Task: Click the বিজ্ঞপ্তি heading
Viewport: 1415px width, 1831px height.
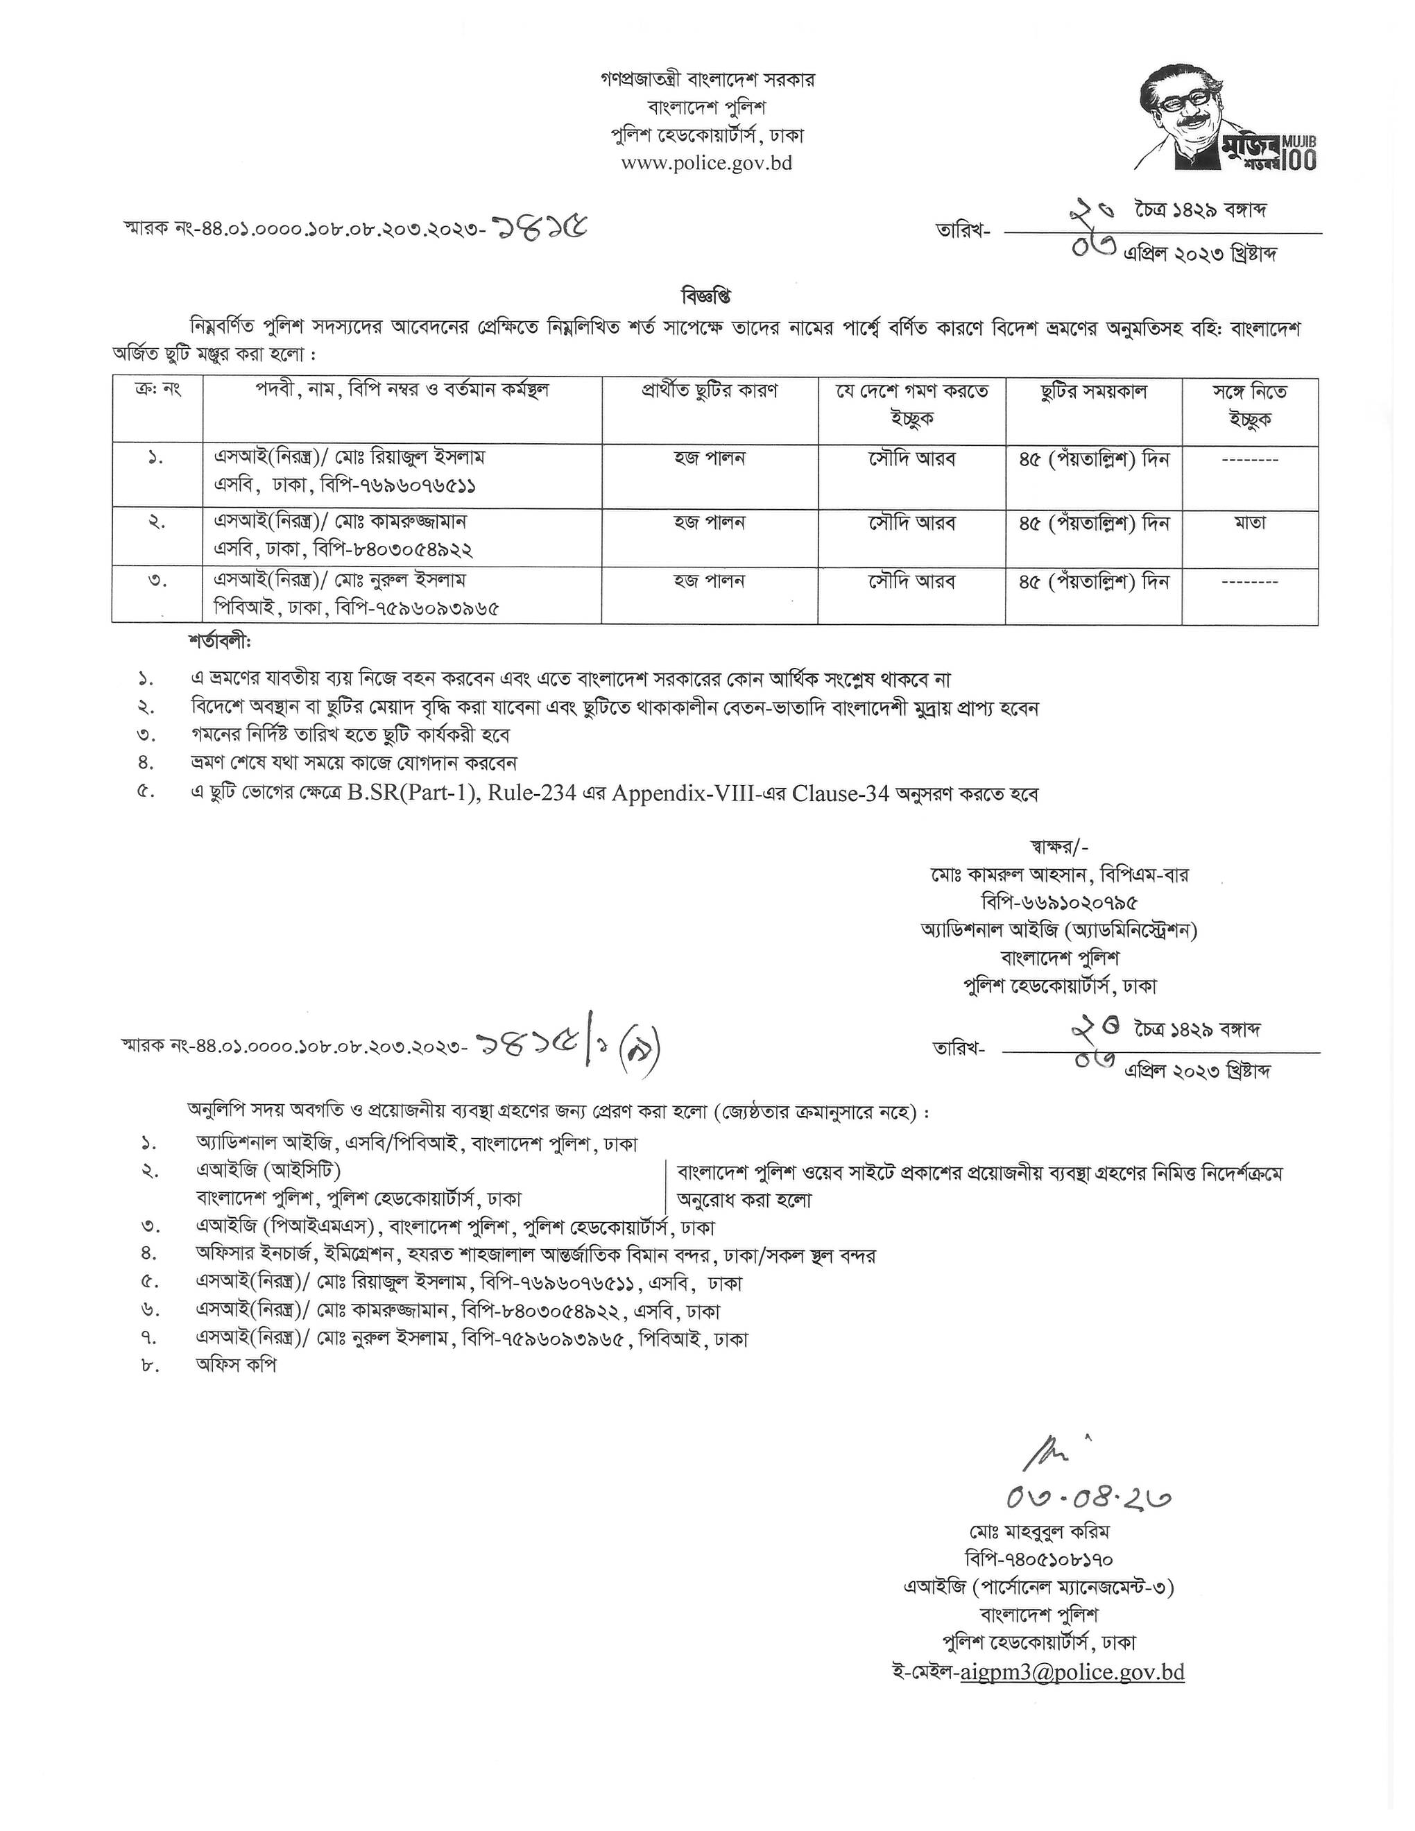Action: tap(707, 297)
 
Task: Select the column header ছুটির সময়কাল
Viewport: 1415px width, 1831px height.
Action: tap(1093, 393)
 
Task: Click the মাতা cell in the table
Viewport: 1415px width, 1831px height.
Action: tap(1249, 522)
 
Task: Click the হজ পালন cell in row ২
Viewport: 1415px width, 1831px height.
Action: tap(709, 522)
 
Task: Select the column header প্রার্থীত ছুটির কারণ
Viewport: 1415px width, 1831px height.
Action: tap(709, 392)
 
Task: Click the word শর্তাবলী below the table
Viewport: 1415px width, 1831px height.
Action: tap(220, 643)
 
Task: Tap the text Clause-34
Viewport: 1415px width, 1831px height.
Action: tap(839, 794)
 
